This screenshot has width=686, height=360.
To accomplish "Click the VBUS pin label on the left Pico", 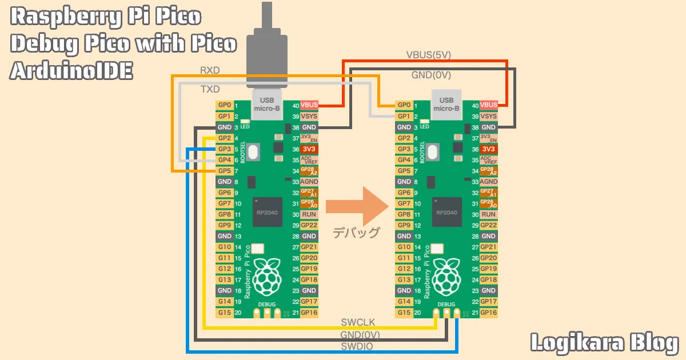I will [309, 105].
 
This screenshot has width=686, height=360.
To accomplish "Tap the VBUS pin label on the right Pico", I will [489, 105].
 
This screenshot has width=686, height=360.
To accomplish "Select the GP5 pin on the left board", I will [225, 171].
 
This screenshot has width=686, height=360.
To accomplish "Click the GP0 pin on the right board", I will [404, 105].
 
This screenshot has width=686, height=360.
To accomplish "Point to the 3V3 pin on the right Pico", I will [489, 149].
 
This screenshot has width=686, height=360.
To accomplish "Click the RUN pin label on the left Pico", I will [309, 214].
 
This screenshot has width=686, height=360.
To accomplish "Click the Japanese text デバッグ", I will [356, 233].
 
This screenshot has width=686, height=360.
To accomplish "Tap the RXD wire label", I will [210, 70].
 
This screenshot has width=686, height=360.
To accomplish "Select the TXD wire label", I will [210, 90].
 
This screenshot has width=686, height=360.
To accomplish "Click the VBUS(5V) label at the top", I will [429, 55].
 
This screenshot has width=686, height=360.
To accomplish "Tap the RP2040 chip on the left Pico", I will [268, 211].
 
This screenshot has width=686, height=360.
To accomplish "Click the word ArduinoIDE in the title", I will [71, 71].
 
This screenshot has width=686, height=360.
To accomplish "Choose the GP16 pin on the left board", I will [309, 313].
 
